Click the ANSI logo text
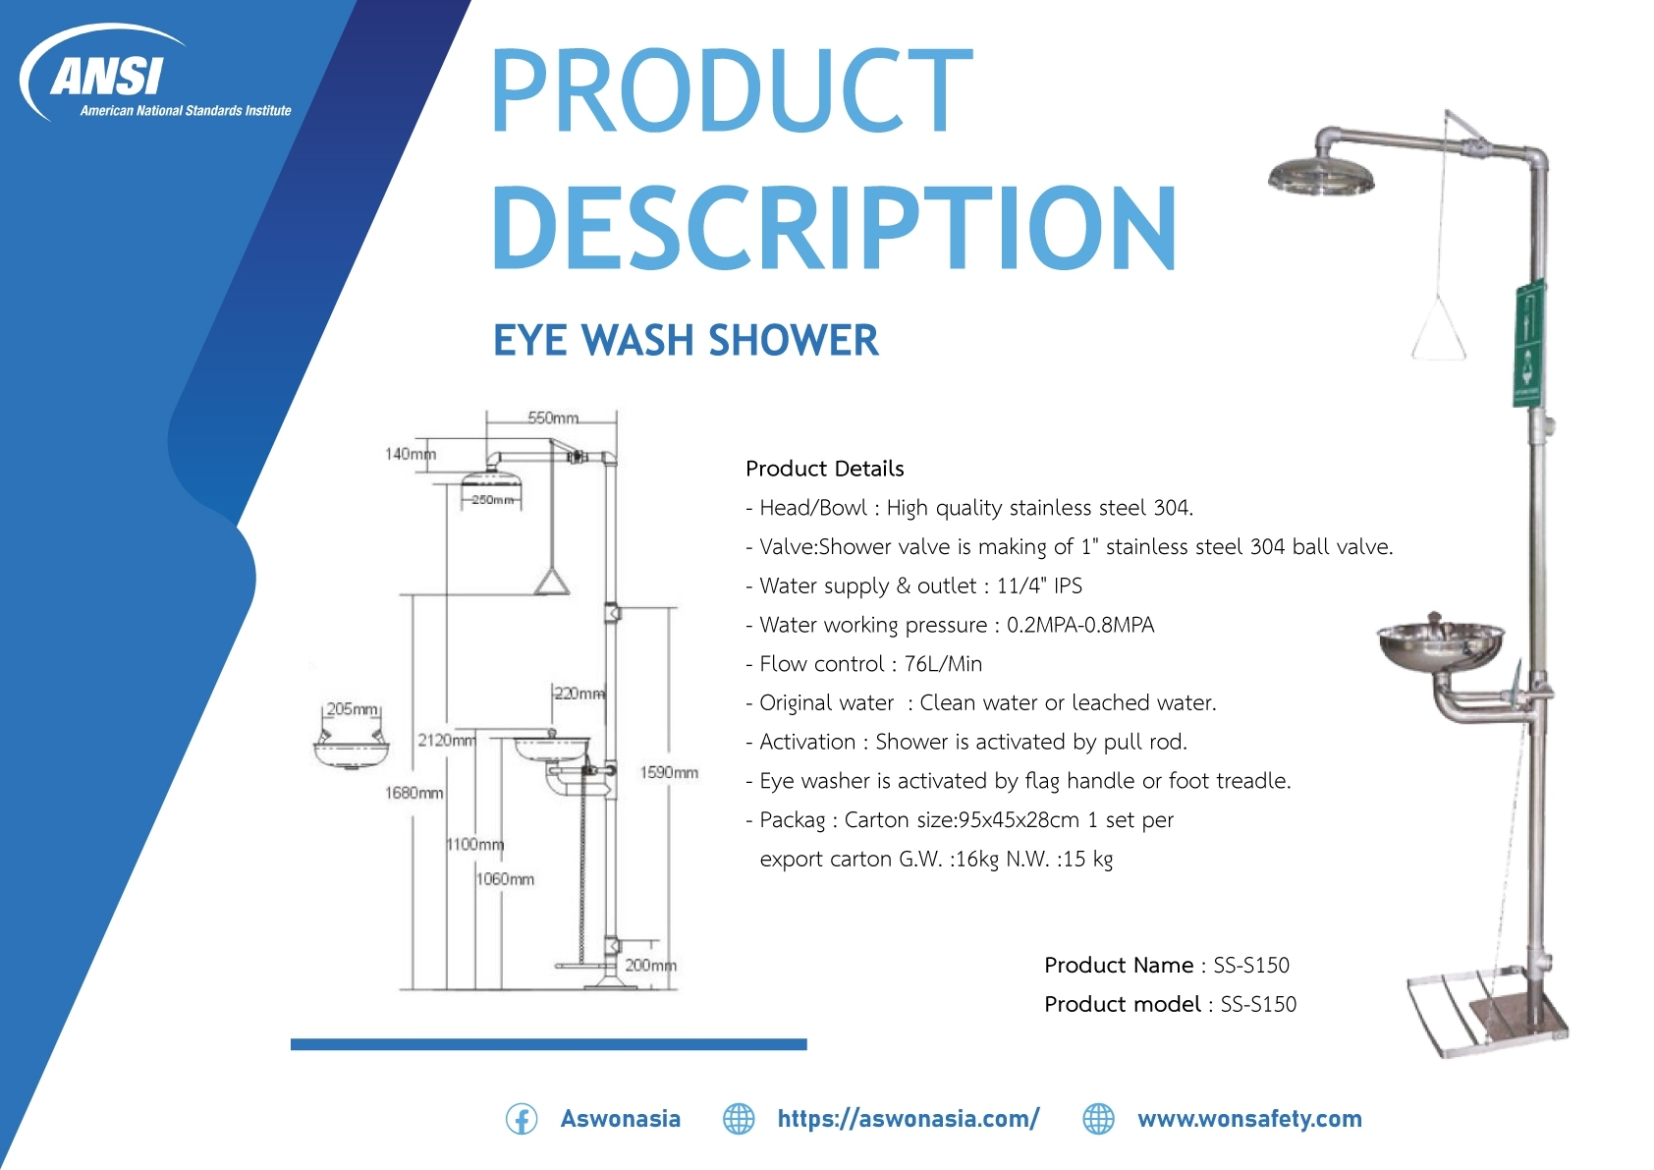pos(106,76)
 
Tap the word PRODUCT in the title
pos(731,89)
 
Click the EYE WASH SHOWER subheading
pos(686,340)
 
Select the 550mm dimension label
pos(552,418)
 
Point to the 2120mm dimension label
pos(447,740)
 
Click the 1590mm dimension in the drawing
pos(669,772)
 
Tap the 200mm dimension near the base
pos(650,965)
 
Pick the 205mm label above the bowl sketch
pos(353,709)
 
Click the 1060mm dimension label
pos(505,879)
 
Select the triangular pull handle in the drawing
pos(552,582)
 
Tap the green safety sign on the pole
pos(1527,344)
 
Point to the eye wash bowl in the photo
pos(1440,644)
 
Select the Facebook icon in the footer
pos(522,1119)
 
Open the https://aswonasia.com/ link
pos(909,1119)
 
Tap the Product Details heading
pos(825,469)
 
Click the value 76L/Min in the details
pos(943,664)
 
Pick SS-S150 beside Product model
pos(1258,1005)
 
